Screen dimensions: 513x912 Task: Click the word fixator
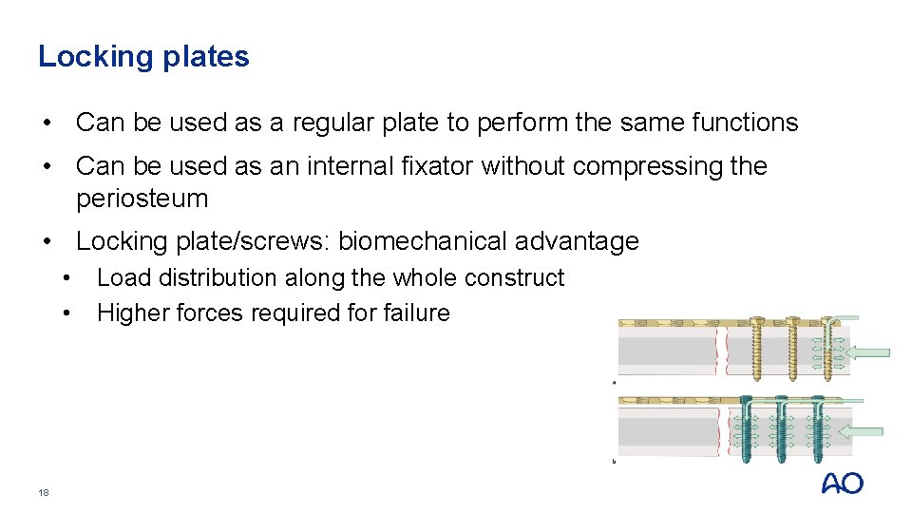tap(441, 166)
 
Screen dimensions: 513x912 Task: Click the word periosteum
tap(142, 199)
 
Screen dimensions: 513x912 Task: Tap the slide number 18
tap(43, 492)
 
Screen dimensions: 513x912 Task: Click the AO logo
tap(842, 484)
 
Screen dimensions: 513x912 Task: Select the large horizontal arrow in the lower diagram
tap(862, 431)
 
